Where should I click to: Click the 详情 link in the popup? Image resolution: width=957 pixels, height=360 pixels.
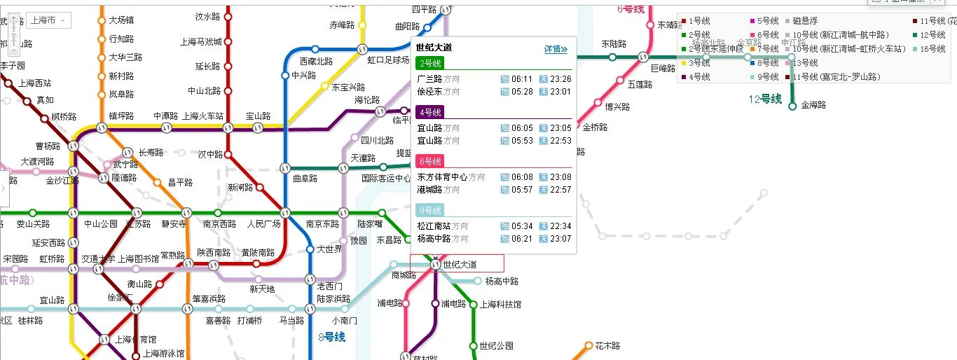pos(556,49)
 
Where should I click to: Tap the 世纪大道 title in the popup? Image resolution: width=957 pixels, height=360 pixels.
pos(434,48)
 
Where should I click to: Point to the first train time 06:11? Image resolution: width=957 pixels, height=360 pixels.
pos(522,79)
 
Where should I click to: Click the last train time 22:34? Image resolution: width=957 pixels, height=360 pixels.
pos(560,226)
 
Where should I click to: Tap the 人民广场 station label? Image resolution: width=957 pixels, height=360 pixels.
pos(263,224)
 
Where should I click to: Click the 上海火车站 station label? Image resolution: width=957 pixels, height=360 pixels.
pos(202,116)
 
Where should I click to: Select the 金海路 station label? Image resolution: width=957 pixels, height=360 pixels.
pos(813,106)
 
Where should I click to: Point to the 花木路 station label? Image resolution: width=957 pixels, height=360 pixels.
pos(607,346)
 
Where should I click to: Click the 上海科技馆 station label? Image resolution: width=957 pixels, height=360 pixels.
pos(500,305)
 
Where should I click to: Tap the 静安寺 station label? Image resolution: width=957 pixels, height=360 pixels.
pos(174,224)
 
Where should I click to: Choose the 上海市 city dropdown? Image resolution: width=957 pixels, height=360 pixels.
pos(50,20)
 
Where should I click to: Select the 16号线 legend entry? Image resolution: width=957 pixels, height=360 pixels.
pos(932,49)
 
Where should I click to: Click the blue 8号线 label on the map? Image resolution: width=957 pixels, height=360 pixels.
pos(332,337)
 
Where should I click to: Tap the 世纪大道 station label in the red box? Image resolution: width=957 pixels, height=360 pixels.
pos(460,264)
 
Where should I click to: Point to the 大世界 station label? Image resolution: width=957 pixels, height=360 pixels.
pos(329,249)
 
